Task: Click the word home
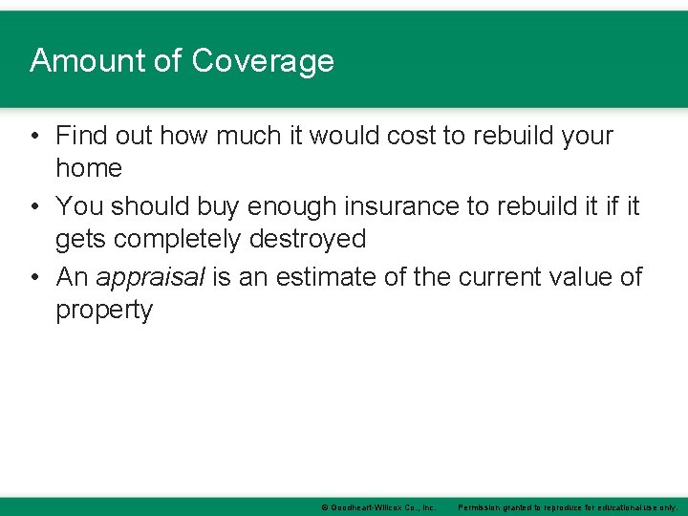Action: tap(89, 168)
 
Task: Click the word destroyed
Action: tap(308, 238)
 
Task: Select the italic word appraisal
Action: tap(151, 278)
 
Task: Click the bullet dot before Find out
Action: tap(34, 136)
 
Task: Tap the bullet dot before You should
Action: tap(34, 206)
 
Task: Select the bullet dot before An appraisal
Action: tap(34, 277)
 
